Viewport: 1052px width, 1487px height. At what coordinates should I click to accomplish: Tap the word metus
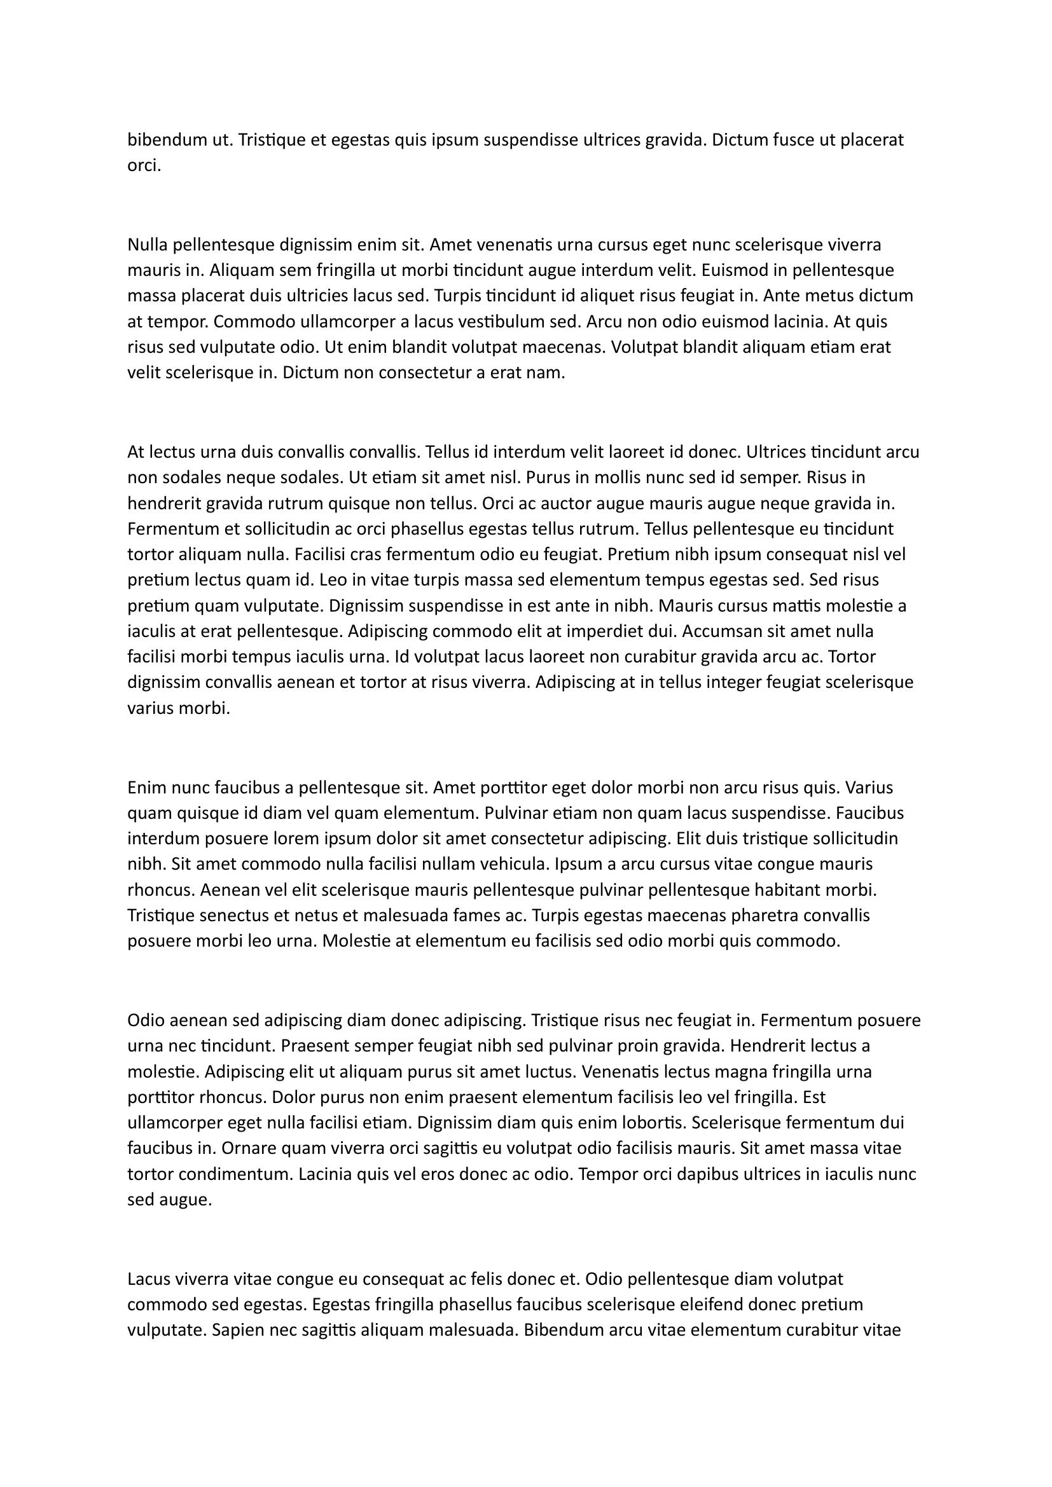click(833, 296)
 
